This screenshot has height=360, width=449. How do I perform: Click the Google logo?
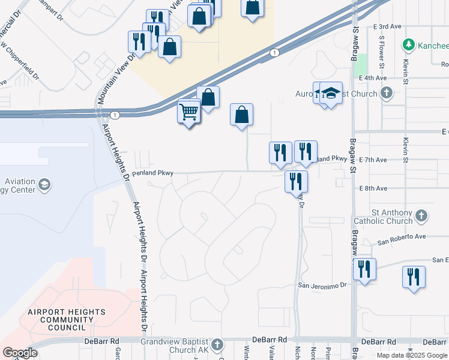coord(20,353)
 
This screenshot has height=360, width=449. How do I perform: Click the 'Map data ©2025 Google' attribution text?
coord(412,355)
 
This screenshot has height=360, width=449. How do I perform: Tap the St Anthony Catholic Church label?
coord(392,217)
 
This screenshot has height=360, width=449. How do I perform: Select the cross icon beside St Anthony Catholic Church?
coord(422,215)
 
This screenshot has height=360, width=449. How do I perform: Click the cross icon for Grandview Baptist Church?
coord(217,344)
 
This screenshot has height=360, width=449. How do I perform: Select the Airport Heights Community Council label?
coord(67,320)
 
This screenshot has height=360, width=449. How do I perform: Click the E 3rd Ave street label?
coord(387,27)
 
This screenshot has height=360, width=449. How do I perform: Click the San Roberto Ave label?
coord(402,237)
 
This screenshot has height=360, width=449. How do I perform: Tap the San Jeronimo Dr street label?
coord(323,286)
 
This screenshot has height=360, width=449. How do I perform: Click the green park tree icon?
coord(409,44)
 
